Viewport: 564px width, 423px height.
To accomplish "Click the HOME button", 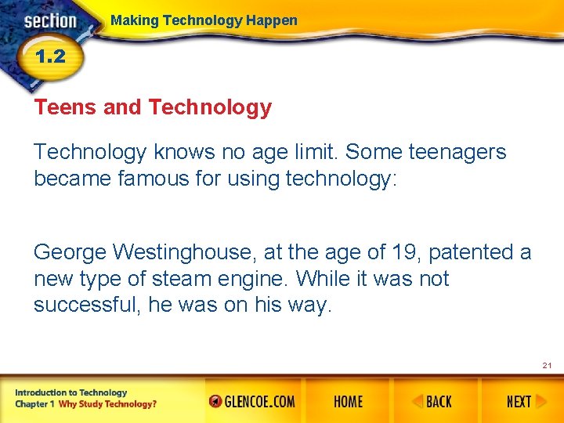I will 348,402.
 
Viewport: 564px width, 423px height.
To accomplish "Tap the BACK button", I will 432,402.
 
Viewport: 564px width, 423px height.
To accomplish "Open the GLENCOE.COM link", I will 252,402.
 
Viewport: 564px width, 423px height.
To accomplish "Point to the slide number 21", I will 547,366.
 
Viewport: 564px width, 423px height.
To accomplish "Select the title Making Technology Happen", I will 204,20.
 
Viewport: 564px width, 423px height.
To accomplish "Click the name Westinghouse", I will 186,252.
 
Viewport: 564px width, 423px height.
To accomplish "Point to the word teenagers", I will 456,152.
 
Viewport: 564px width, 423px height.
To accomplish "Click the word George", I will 70,252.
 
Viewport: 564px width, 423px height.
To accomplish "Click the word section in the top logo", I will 50,21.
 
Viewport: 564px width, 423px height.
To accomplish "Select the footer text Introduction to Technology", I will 70,392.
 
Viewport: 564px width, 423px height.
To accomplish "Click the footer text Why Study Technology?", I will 107,404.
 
